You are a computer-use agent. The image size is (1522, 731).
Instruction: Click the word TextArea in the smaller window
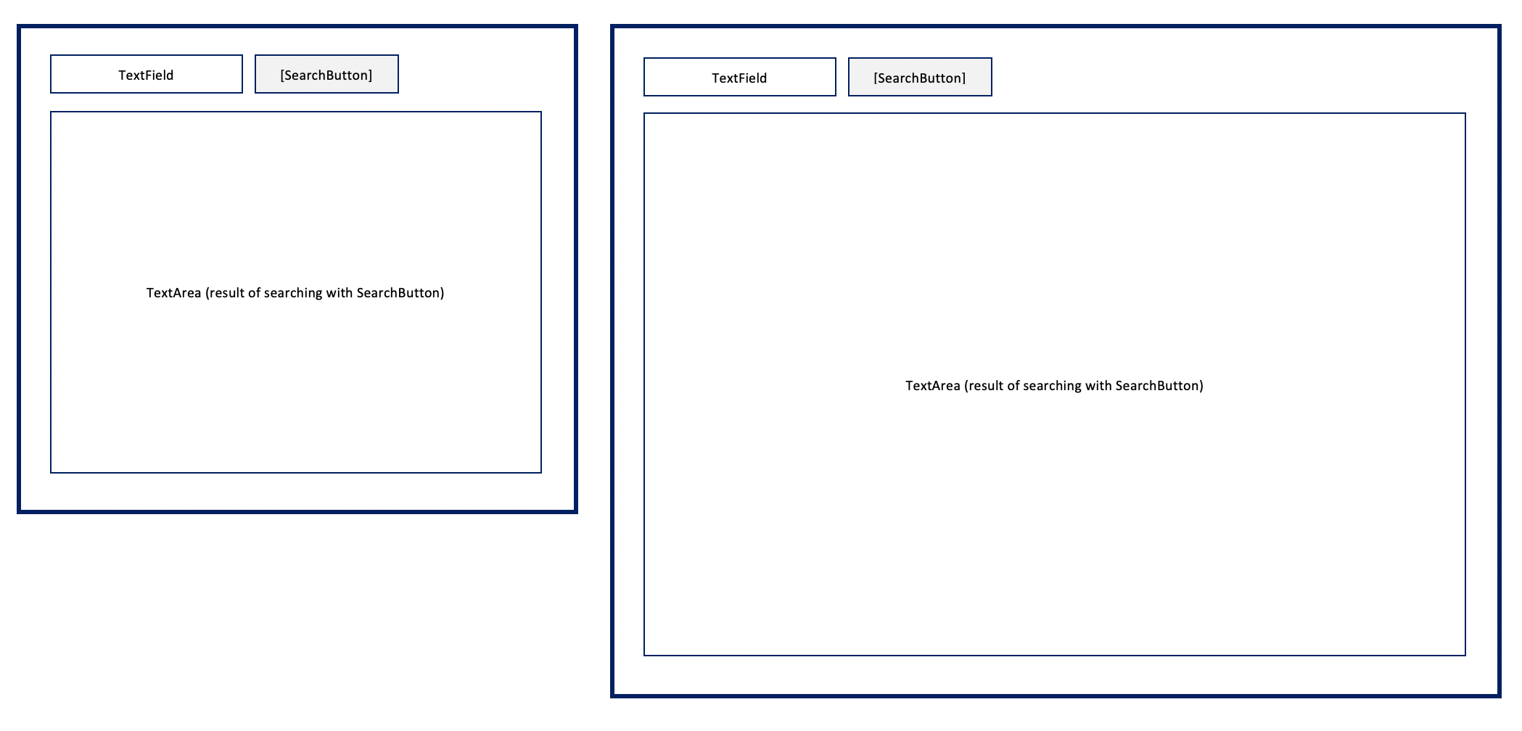coord(173,293)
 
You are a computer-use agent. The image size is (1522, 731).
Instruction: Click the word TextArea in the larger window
coord(932,386)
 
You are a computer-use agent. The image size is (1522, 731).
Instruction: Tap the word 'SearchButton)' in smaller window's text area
coord(400,293)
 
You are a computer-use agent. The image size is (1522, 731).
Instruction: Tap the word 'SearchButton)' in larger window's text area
coord(1159,386)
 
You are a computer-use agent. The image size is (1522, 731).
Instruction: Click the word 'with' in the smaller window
coord(340,293)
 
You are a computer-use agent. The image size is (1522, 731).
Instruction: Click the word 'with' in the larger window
coord(1098,386)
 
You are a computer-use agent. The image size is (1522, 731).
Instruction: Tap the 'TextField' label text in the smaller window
coord(146,75)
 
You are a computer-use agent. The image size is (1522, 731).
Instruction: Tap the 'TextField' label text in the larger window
coord(739,78)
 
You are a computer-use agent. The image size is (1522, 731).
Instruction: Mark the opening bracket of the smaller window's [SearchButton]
coord(282,75)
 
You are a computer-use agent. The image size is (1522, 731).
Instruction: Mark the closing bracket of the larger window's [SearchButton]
coord(964,78)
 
